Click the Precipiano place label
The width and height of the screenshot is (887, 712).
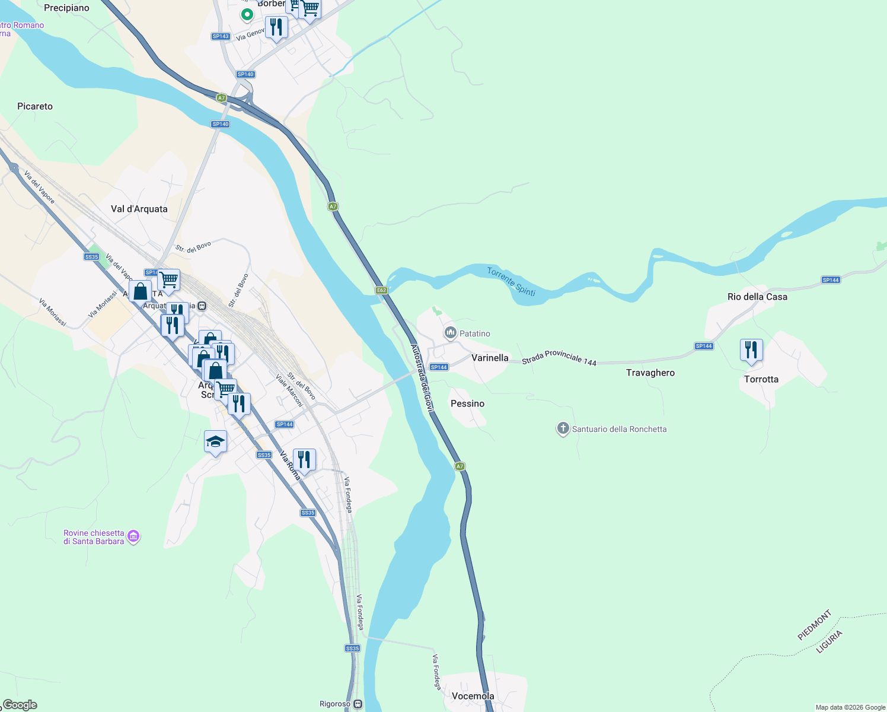click(x=66, y=8)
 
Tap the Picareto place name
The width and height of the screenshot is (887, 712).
click(x=35, y=106)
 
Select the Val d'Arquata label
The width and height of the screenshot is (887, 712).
click(x=139, y=209)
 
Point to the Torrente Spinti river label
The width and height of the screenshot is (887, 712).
click(x=511, y=281)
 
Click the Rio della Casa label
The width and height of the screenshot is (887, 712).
click(x=757, y=297)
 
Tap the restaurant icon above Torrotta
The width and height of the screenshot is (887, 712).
click(x=751, y=350)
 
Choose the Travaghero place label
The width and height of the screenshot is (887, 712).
click(x=650, y=373)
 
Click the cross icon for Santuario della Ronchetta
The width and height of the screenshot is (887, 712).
click(x=563, y=428)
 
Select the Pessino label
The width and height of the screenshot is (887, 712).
click(x=467, y=403)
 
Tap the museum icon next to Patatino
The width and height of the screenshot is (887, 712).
click(x=451, y=333)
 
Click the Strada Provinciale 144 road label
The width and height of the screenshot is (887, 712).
click(x=559, y=358)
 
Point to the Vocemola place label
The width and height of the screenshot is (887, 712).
click(x=473, y=696)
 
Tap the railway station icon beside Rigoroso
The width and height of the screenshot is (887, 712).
click(x=358, y=704)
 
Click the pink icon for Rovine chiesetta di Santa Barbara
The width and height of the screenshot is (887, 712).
click(x=133, y=536)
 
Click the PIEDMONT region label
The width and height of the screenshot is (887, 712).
click(x=815, y=625)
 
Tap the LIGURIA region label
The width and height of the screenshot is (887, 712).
click(x=829, y=642)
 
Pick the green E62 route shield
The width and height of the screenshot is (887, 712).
click(x=381, y=290)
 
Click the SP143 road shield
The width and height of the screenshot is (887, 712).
click(x=221, y=36)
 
